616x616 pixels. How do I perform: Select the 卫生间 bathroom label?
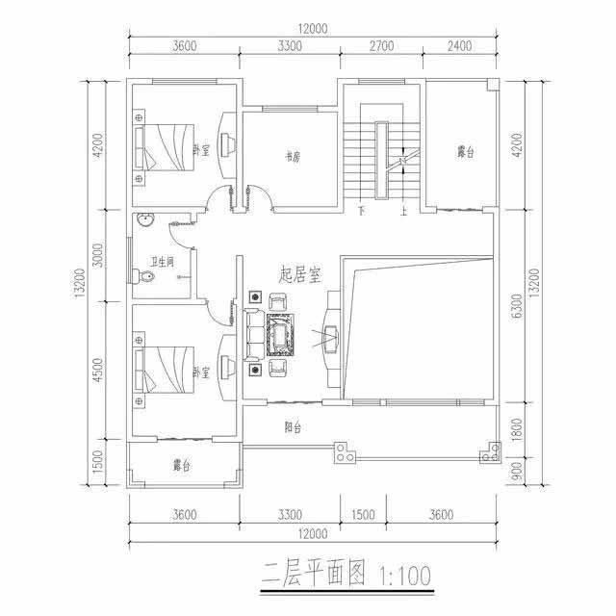click(x=161, y=261)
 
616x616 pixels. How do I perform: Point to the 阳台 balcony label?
click(x=293, y=427)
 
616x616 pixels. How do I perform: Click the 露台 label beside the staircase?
click(x=466, y=152)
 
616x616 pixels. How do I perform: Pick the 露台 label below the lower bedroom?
click(x=181, y=466)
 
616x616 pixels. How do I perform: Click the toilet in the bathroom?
click(x=146, y=277)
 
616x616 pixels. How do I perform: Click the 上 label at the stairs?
click(x=404, y=211)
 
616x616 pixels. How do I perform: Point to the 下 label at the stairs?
click(x=361, y=211)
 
